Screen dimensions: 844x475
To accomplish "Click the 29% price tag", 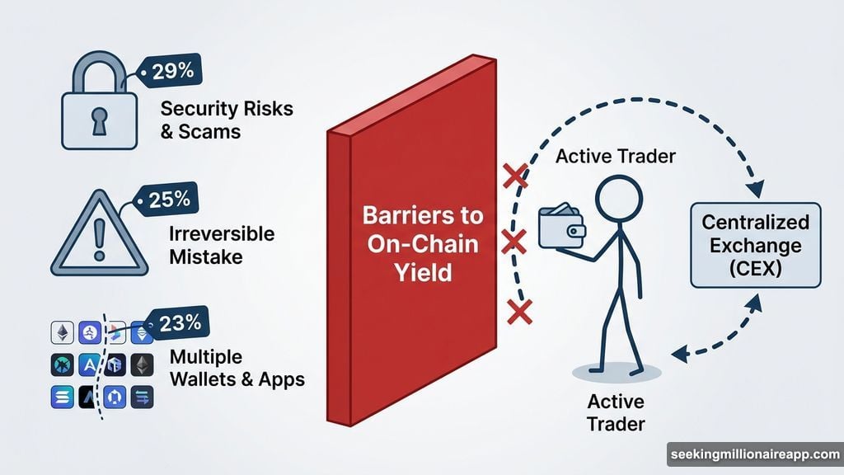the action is (170, 72).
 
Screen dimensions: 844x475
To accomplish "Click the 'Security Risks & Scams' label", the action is (227, 120).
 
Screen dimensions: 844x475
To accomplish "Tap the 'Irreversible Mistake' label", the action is (220, 245).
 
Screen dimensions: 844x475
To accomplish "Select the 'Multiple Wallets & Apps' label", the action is (236, 369).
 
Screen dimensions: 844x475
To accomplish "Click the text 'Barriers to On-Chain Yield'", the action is (412, 243).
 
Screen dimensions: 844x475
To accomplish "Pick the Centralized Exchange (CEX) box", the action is (756, 245).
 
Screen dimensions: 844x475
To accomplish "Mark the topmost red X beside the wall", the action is (514, 175).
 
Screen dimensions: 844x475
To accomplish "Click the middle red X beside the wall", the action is (513, 242).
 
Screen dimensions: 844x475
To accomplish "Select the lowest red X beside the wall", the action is (519, 312).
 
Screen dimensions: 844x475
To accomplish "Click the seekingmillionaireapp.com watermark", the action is (754, 454).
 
